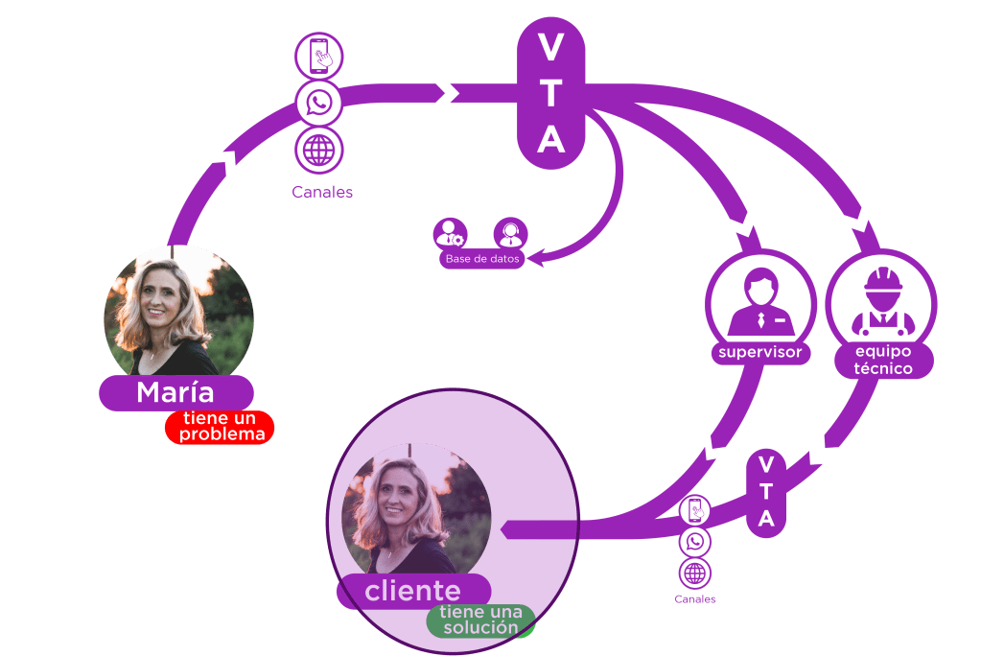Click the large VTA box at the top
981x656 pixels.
(550, 94)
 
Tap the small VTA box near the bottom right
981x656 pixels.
(766, 492)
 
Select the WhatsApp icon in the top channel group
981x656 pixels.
(318, 103)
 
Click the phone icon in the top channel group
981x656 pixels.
(318, 57)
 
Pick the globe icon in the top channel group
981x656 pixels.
(318, 150)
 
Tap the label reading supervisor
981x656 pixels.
(759, 353)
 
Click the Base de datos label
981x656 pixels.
(482, 259)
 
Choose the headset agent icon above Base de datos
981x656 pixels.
(509, 233)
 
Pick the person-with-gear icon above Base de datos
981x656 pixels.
(449, 233)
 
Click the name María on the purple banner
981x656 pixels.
(175, 392)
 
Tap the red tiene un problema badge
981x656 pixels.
(220, 427)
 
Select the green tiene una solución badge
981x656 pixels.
(480, 621)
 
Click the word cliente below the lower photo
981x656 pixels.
(412, 591)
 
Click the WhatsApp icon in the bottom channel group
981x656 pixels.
(695, 542)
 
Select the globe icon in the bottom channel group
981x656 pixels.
(695, 574)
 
